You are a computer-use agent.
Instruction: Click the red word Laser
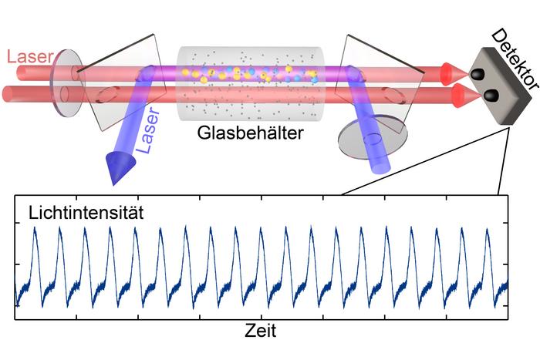pos(28,56)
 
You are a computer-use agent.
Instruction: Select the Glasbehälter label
pos(251,133)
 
